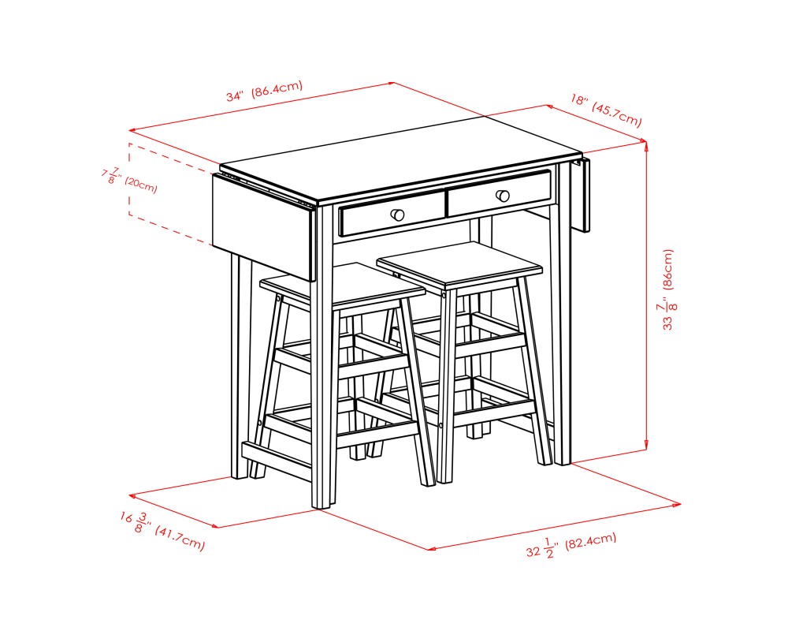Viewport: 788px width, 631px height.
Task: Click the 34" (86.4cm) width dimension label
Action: point(264,91)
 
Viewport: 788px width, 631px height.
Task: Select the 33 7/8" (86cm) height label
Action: point(668,289)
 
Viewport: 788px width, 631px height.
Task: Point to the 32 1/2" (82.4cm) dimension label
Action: point(571,545)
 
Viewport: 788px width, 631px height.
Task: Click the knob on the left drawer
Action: point(398,215)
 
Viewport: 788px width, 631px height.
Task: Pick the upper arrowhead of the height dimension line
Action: point(646,144)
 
